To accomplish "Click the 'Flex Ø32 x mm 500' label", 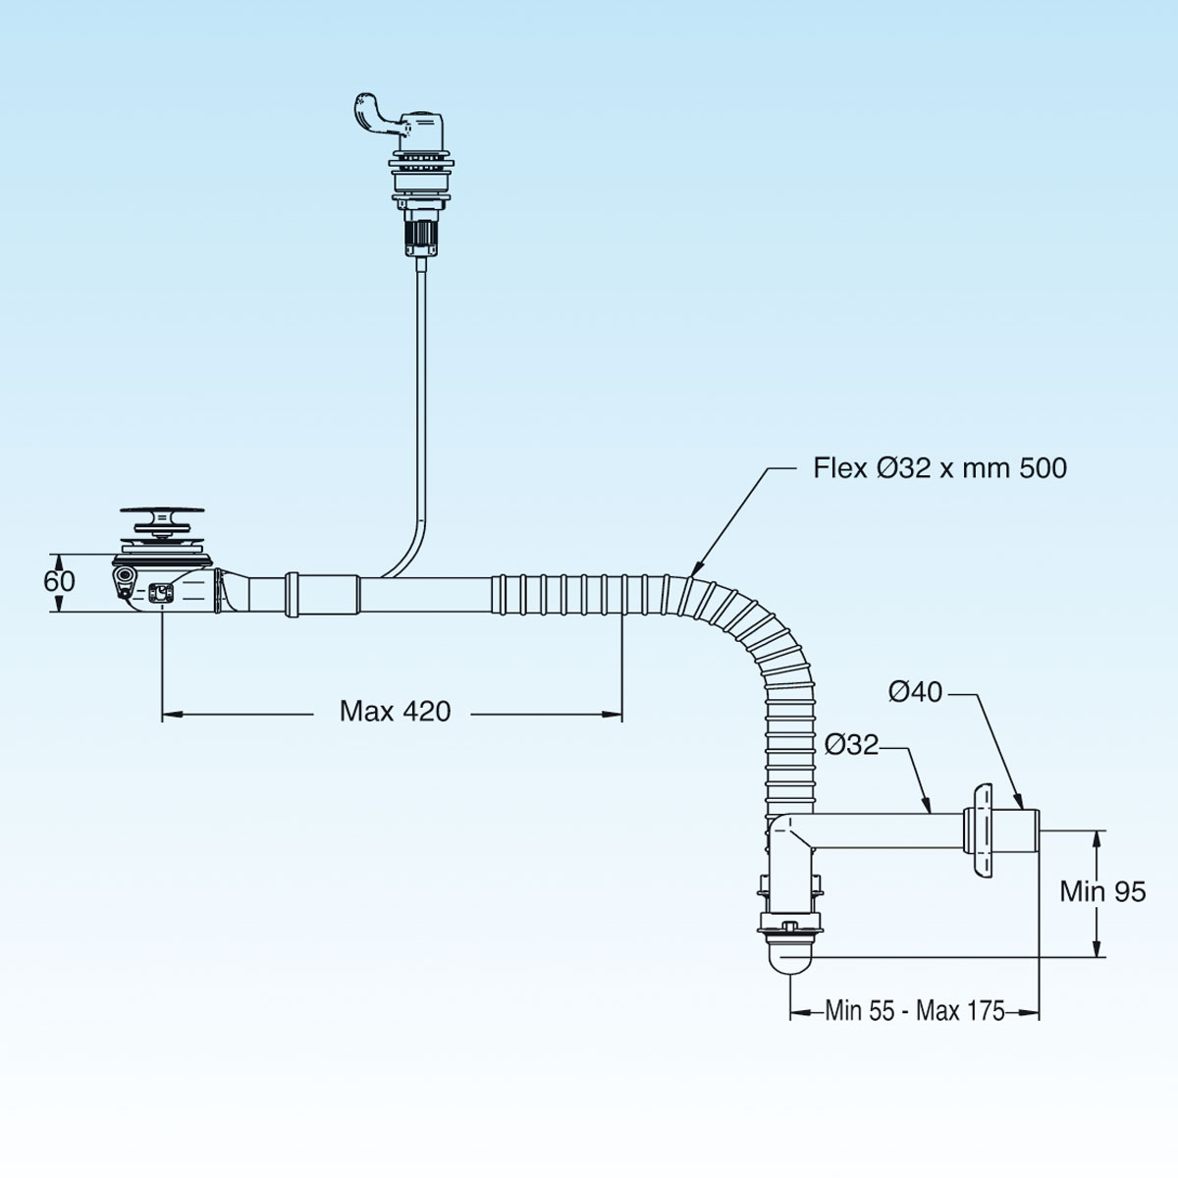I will tap(939, 468).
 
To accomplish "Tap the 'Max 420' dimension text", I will tap(396, 711).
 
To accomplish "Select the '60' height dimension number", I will tap(59, 581).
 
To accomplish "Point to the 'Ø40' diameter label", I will tap(915, 693).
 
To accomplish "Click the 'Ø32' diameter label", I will tap(851, 745).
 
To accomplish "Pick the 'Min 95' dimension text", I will tap(1102, 891).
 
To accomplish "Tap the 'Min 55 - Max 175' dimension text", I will tap(915, 1010).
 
